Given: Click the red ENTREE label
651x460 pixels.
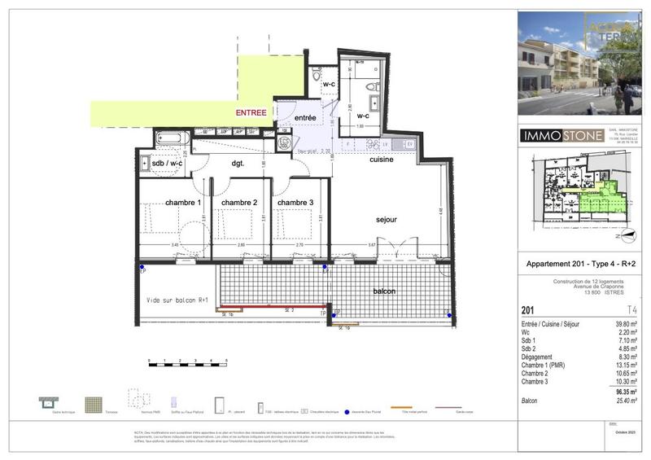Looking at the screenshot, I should (251, 112).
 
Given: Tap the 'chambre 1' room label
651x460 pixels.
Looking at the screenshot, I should (183, 203).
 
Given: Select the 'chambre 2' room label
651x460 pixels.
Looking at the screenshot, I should (239, 203).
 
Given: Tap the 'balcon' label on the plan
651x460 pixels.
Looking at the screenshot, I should (385, 291).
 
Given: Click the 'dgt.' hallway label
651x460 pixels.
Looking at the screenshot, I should (238, 164).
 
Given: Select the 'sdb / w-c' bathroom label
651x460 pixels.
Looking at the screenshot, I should (168, 164).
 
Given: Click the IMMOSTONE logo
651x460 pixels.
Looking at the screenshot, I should (561, 135).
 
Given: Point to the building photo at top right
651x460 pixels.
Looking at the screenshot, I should (579, 63).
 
